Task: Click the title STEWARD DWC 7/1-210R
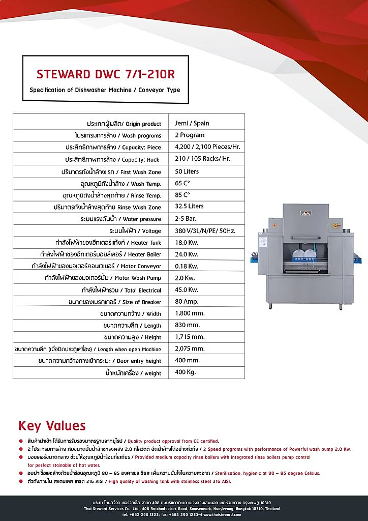105,74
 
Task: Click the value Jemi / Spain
192,123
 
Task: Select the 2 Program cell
190,135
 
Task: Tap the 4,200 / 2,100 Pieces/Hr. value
207,147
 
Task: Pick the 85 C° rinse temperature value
182,195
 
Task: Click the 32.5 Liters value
189,207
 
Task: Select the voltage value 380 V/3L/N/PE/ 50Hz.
205,230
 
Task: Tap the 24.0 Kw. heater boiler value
187,254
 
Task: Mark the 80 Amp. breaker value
187,301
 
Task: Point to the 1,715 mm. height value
190,337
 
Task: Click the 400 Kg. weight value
186,372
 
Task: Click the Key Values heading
52,426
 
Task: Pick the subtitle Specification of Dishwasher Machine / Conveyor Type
105,90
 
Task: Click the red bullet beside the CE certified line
21,441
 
